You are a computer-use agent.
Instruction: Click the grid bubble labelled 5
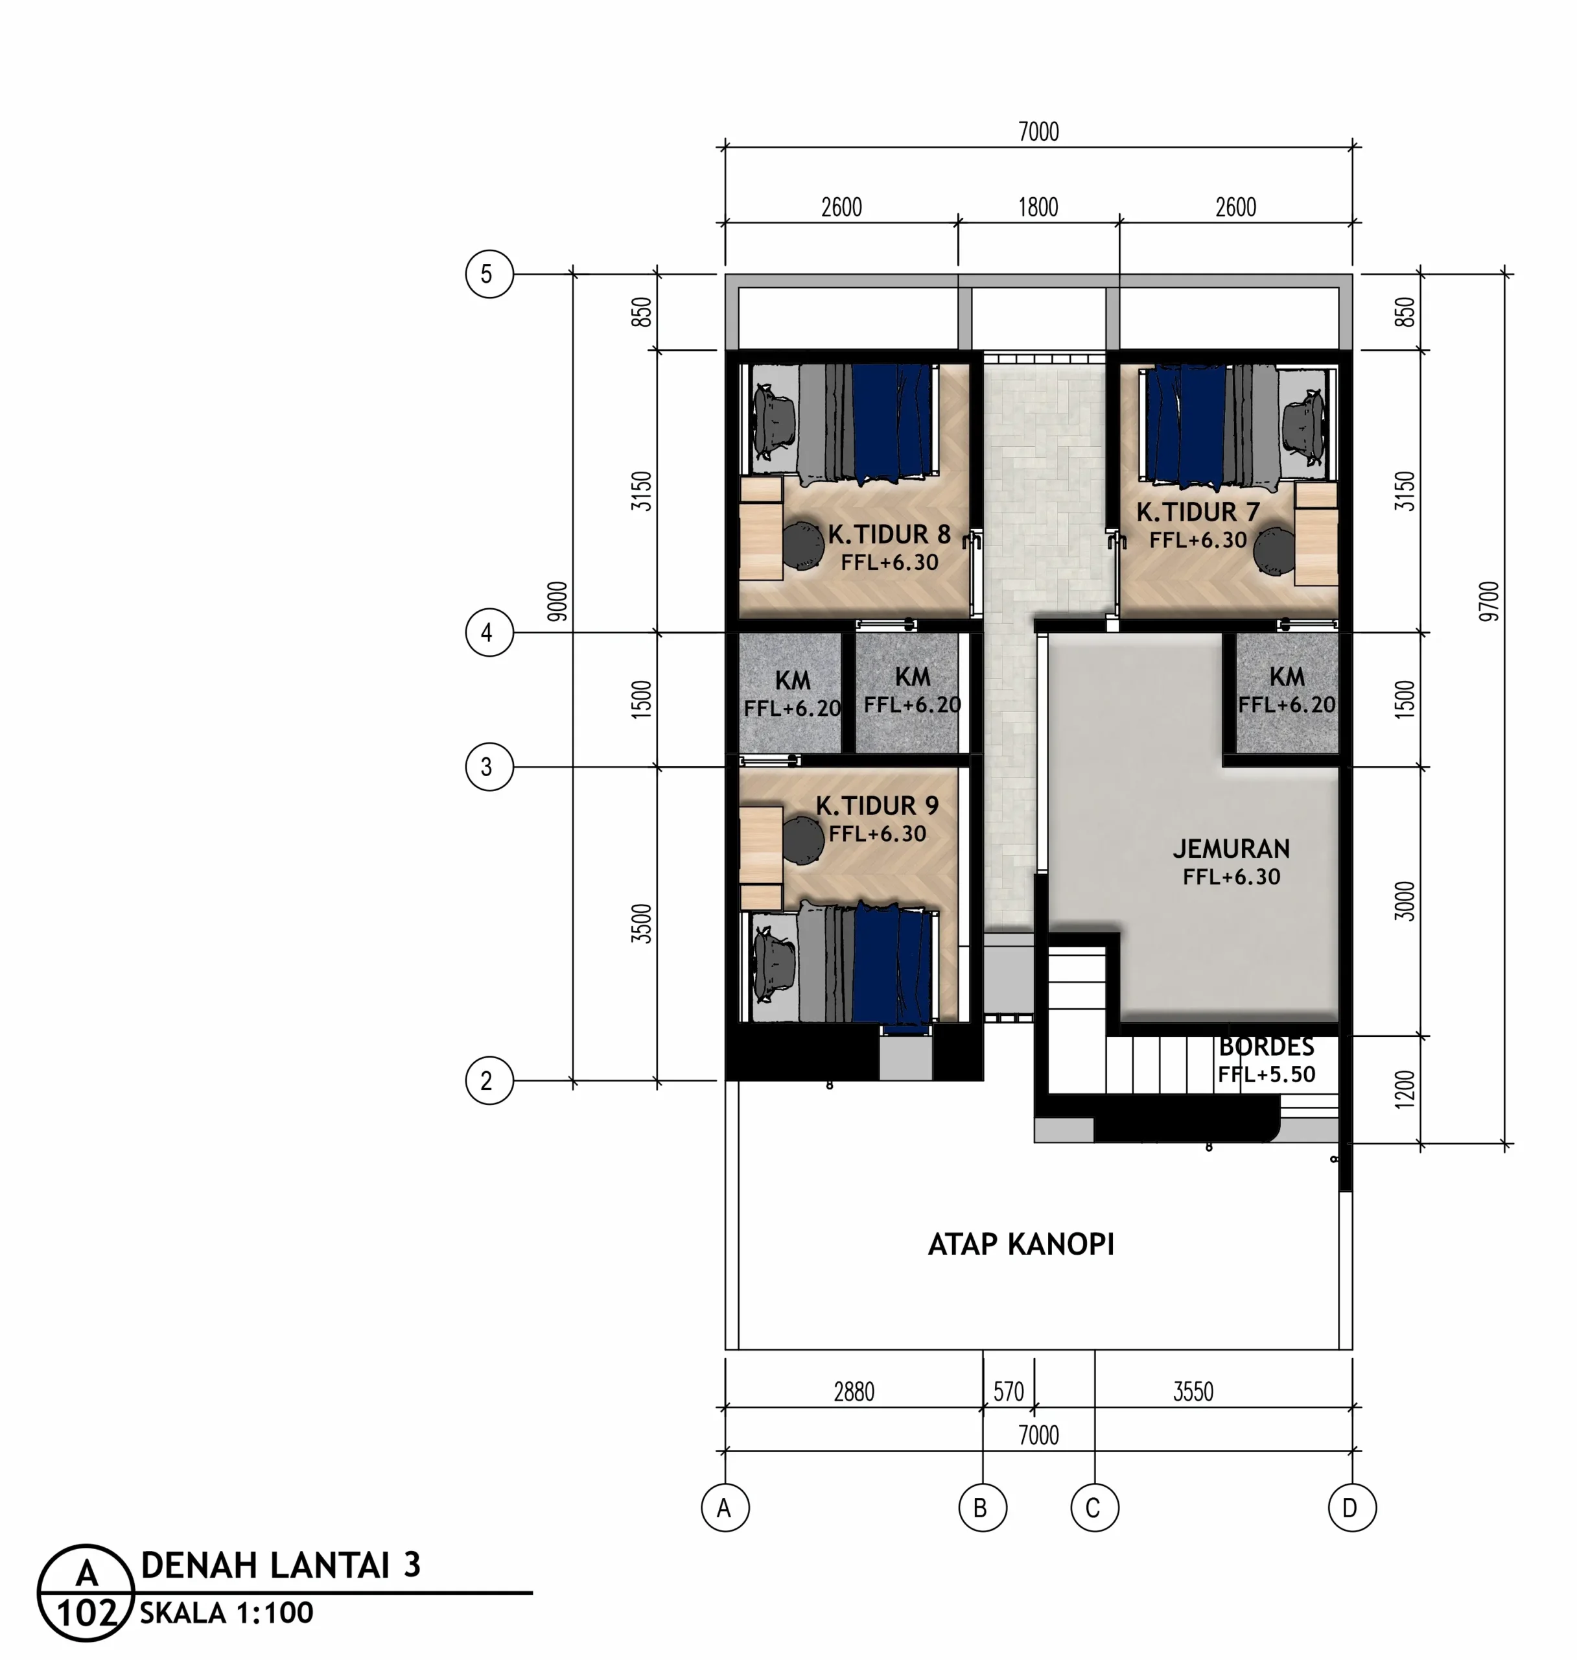click(489, 274)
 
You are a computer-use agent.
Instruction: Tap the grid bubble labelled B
click(983, 1508)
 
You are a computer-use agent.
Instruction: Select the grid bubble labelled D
click(1351, 1508)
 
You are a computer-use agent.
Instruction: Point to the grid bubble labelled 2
click(489, 1080)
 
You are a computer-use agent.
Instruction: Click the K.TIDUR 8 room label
click(889, 534)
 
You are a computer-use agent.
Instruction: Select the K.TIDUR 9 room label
click(877, 805)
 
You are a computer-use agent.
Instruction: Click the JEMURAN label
click(1232, 849)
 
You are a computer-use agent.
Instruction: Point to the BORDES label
click(1267, 1047)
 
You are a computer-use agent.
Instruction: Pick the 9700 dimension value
click(1489, 601)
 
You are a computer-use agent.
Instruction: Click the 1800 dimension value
click(1038, 207)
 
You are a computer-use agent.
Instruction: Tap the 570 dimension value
click(1009, 1392)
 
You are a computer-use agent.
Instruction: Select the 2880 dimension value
click(854, 1392)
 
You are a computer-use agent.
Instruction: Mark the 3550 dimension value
click(1194, 1392)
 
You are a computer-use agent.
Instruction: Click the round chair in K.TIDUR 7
click(1274, 552)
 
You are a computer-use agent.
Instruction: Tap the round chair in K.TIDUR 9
click(803, 840)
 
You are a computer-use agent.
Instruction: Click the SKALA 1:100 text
click(227, 1613)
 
